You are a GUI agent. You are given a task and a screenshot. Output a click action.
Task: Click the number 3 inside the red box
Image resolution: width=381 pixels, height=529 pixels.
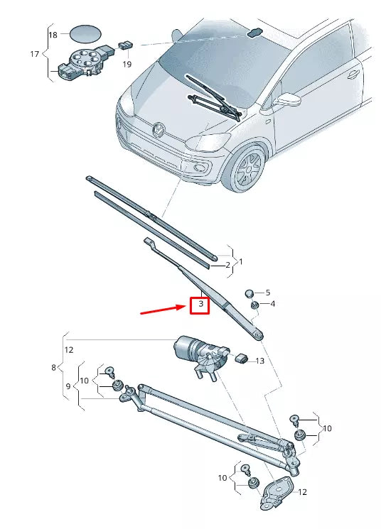coord(201,305)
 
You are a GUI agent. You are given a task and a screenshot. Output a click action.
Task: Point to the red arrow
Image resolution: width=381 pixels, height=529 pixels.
coord(163,310)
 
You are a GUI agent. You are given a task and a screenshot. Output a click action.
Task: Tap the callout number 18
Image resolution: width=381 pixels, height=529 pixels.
coord(53,35)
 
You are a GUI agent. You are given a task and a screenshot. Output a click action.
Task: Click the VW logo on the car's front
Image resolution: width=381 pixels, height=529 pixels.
coord(158,130)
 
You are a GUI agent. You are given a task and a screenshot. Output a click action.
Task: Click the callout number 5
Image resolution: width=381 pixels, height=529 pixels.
coord(268,293)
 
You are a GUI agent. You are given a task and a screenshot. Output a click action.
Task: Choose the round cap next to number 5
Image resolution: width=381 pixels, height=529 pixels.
coord(249,293)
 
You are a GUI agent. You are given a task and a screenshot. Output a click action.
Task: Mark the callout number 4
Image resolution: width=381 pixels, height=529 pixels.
coord(272,304)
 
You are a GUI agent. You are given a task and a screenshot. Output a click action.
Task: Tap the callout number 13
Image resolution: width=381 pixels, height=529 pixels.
coord(259,361)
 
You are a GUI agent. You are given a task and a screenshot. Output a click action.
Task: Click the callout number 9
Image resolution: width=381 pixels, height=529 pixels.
coord(69,386)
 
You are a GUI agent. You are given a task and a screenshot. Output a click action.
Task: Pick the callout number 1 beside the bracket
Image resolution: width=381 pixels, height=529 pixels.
coord(240,262)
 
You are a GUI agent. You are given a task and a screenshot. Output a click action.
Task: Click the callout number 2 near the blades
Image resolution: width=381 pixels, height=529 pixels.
coord(227,266)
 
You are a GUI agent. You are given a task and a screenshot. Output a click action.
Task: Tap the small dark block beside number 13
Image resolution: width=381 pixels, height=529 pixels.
coord(240,357)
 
